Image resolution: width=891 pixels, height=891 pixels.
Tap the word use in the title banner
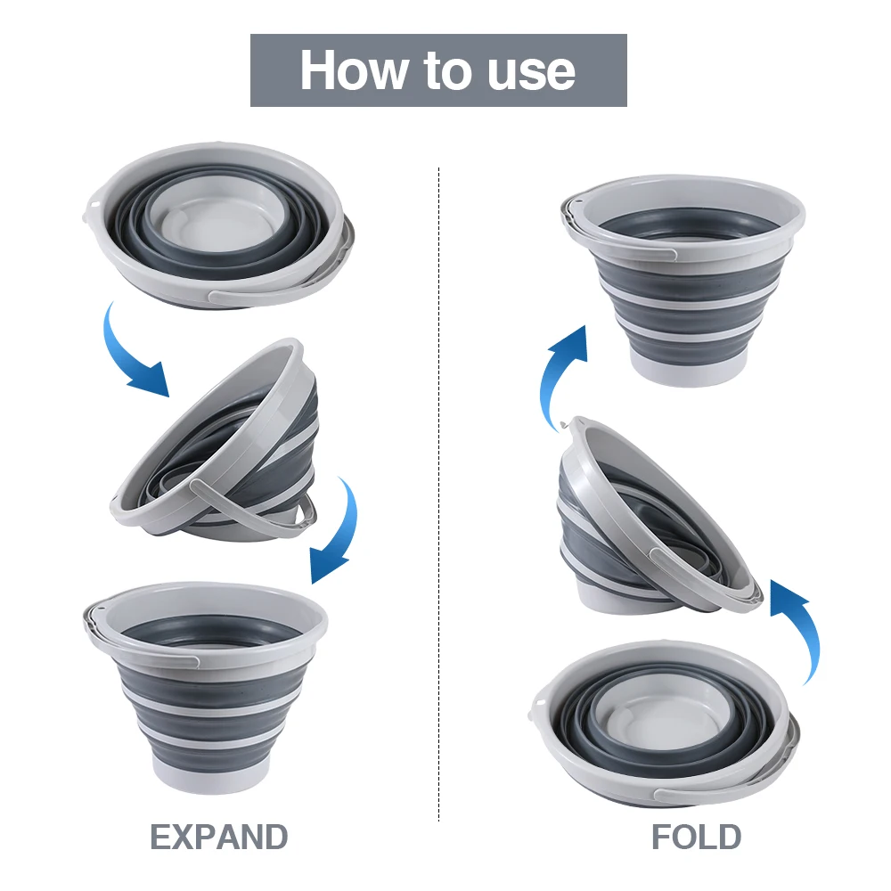[x=531, y=71]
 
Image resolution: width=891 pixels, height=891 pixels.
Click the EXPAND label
[x=218, y=838]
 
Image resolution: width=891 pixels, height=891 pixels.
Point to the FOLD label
[x=696, y=838]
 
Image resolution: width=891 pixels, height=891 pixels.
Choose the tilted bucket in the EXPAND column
[x=223, y=441]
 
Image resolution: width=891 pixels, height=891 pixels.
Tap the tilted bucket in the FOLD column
[x=655, y=517]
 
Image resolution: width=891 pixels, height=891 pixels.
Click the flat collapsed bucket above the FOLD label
[x=664, y=722]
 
